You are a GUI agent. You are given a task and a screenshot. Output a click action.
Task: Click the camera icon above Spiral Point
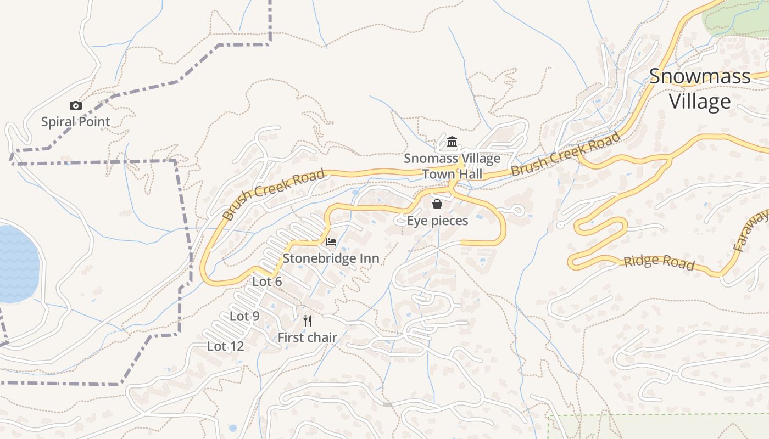coord(76,105)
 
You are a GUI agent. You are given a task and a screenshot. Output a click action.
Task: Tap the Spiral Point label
coord(76,122)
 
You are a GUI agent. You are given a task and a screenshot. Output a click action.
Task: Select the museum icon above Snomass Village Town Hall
coord(452,143)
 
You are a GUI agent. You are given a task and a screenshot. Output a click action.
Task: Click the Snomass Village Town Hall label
coord(452,166)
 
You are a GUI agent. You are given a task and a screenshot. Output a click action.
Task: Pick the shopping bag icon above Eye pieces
coord(437,205)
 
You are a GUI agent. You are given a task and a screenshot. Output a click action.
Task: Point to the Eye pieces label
coord(437,221)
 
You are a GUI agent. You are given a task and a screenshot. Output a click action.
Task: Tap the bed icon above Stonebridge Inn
coord(331,242)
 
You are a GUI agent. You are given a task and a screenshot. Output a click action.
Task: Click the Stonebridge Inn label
coord(331,258)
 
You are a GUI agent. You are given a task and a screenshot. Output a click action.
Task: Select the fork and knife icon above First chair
coord(308,321)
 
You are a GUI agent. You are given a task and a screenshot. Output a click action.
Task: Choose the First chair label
coord(307,337)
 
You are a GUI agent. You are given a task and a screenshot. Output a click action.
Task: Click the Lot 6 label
coord(267,282)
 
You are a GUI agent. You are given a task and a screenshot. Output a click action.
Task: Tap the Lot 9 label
coord(244,316)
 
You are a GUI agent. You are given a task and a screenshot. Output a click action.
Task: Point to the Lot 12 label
coord(225,346)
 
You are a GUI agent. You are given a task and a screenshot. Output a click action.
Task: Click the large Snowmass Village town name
coord(700,89)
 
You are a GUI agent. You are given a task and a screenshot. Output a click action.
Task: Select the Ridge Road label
coord(659,262)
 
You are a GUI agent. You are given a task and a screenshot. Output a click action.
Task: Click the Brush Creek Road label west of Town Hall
coord(274,194)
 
